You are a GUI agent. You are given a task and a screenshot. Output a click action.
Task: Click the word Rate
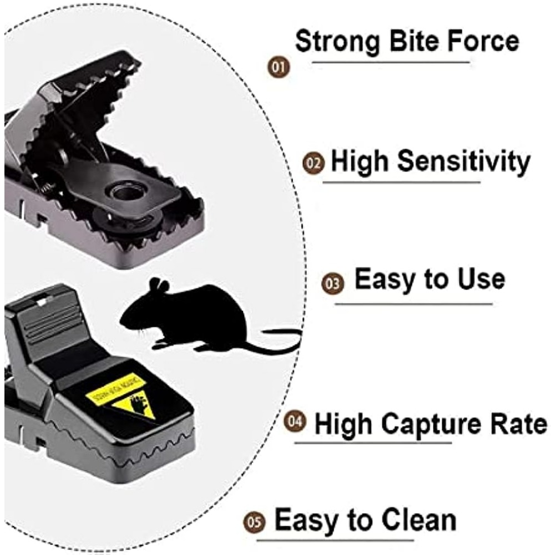(x=519, y=424)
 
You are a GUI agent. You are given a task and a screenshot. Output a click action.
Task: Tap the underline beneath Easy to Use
(x=413, y=304)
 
